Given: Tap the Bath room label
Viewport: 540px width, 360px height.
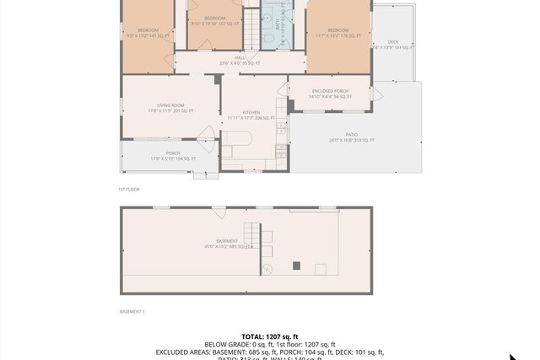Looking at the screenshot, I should pyautogui.click(x=278, y=26).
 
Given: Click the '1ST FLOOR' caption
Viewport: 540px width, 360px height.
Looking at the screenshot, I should pyautogui.click(x=128, y=189).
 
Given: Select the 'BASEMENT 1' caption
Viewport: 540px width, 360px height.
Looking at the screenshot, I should pyautogui.click(x=132, y=312).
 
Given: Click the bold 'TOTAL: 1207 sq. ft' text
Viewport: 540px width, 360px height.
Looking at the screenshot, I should pyautogui.click(x=269, y=336).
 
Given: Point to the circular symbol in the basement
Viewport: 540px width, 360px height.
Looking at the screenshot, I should pyautogui.click(x=267, y=270).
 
